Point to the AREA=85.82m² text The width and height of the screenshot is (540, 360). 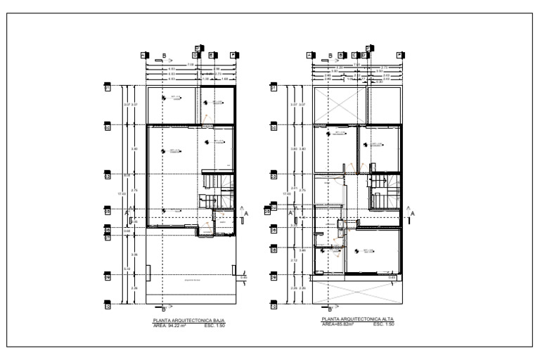click(337, 325)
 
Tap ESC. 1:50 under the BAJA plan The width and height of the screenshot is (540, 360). click(214, 326)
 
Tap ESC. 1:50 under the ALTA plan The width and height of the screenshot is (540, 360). click(383, 325)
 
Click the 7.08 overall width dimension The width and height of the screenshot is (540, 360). click(190, 65)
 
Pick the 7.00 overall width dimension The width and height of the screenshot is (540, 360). click(356, 65)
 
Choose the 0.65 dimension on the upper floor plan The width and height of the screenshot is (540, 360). click(393, 278)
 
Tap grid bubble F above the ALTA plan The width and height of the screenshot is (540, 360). click(400, 54)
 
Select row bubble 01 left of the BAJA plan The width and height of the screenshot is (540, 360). click(108, 89)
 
